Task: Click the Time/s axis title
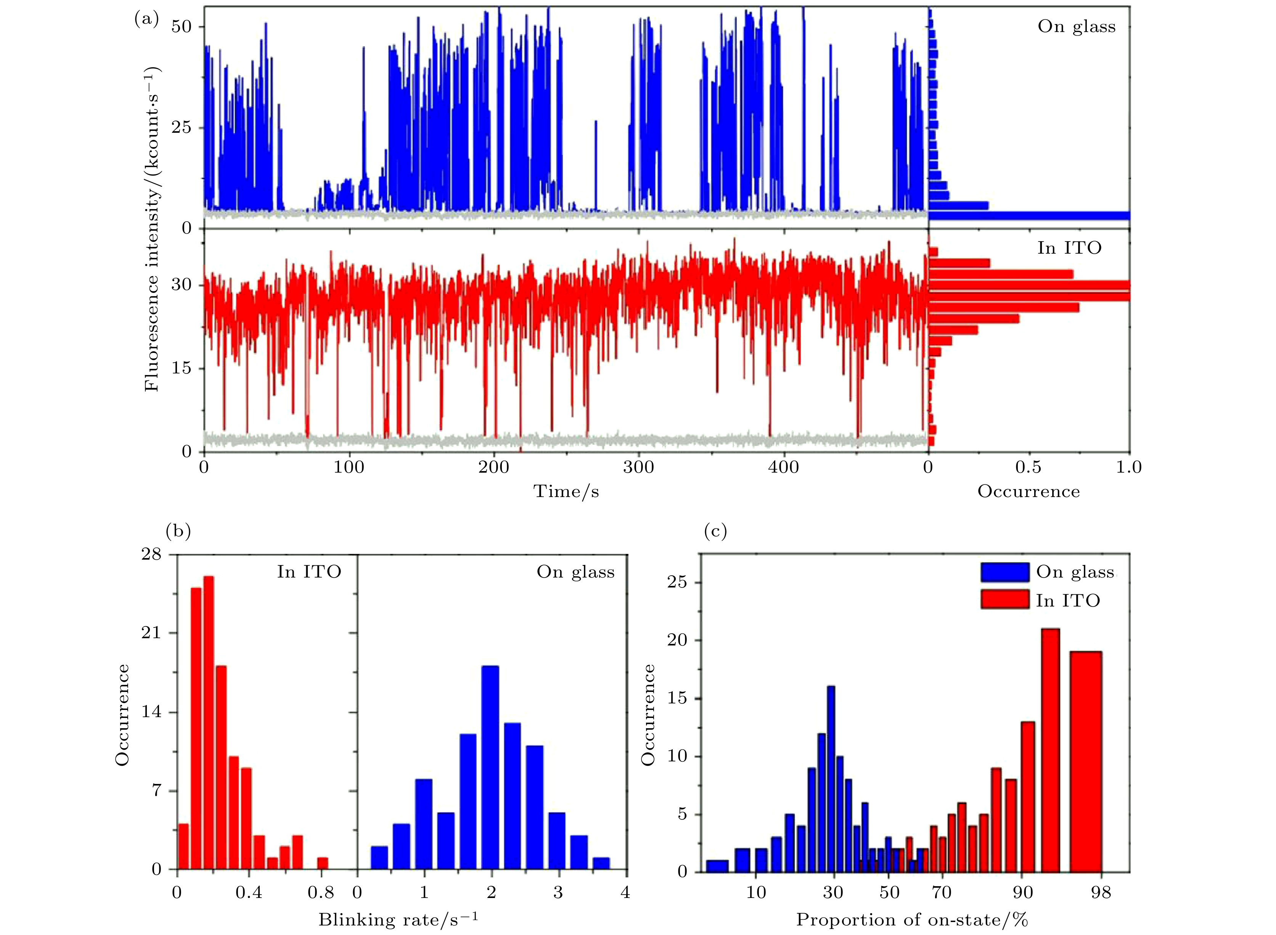[566, 491]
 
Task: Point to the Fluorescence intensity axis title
[152, 229]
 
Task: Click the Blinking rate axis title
[398, 919]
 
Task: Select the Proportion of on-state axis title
[911, 919]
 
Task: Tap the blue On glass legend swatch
[1004, 572]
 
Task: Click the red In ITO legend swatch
[1004, 599]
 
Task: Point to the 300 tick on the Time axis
[638, 468]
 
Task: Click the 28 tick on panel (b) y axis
[152, 554]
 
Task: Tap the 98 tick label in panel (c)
[1101, 893]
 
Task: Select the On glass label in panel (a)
[1076, 27]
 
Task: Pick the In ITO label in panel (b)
[309, 572]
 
